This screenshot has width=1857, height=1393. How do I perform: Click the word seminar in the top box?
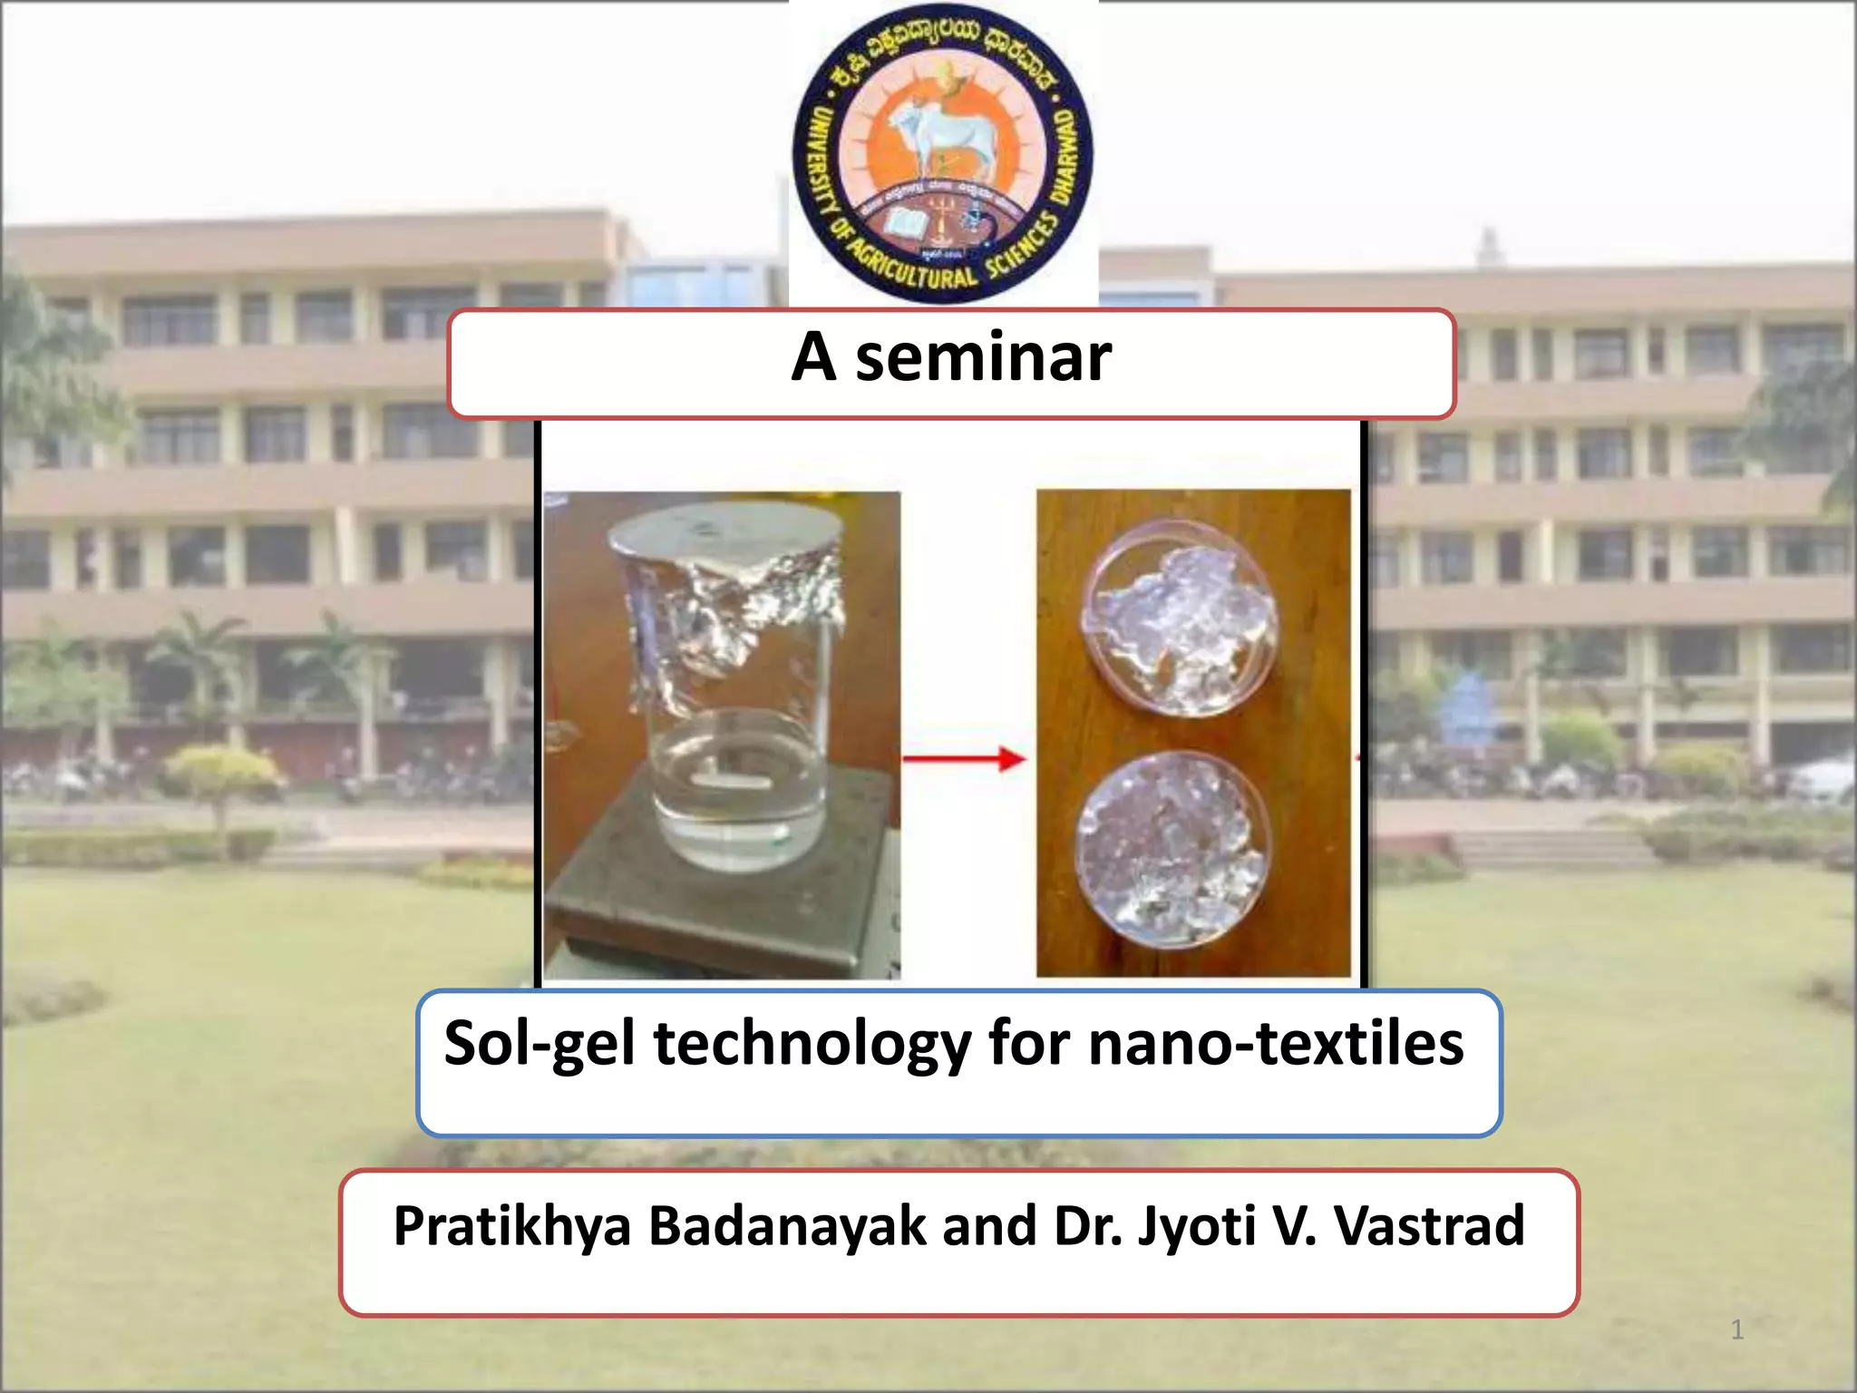click(983, 358)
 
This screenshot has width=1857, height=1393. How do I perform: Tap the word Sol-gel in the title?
click(540, 1043)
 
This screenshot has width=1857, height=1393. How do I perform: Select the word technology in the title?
click(812, 1045)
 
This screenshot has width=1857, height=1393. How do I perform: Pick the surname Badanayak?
click(788, 1226)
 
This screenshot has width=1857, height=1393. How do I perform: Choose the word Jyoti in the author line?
click(1196, 1226)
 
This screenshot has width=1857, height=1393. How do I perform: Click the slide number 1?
click(1737, 1330)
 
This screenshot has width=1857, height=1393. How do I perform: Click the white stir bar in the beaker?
click(731, 778)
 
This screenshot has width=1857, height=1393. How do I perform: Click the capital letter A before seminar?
click(813, 358)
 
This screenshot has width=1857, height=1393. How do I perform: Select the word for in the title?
click(1029, 1043)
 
